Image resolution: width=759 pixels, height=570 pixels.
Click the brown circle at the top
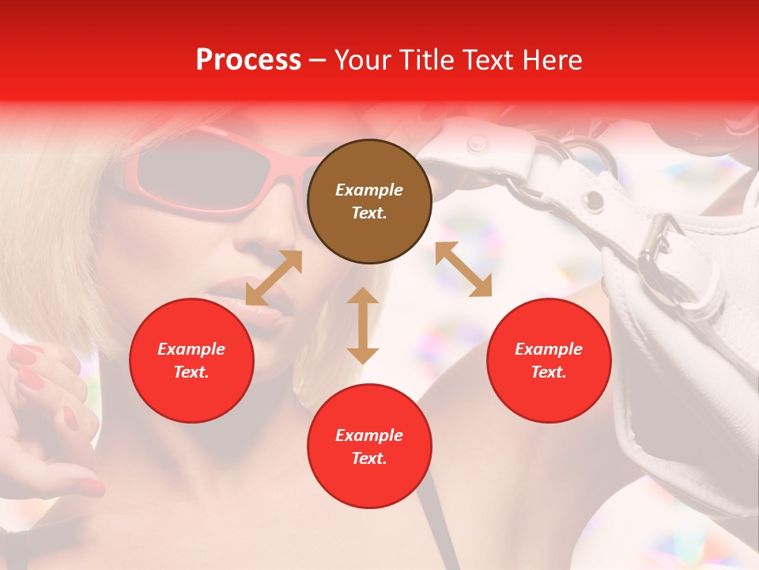coord(369,201)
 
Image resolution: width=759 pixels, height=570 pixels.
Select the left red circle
coord(191,360)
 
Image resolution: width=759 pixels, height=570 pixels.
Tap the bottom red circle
coord(369,446)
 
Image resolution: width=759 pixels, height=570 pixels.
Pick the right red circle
coord(549,360)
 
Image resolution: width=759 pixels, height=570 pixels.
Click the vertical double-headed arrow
coord(363,325)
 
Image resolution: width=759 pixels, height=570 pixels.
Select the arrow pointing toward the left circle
coord(274,278)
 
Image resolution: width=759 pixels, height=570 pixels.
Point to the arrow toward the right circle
coord(463,269)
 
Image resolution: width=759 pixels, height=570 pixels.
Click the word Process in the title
coord(248,59)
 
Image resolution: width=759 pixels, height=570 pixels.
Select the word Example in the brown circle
coord(369,190)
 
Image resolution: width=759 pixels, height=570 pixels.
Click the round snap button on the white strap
coord(477,143)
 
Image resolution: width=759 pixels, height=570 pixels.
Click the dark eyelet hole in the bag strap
coord(591,200)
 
